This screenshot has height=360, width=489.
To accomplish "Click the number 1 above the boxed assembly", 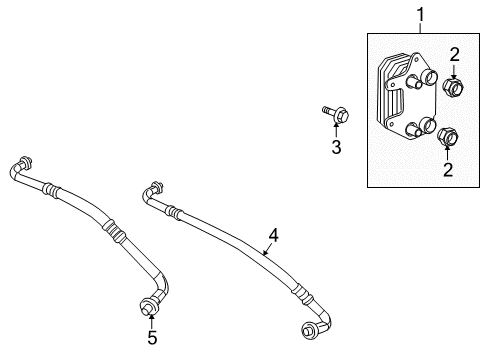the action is pos(421,15).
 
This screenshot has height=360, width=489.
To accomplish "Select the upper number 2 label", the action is pos(453,55).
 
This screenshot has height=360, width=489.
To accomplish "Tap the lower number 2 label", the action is pos(447,170).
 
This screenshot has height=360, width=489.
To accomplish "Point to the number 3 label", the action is pos(336,148).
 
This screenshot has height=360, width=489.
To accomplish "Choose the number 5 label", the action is pos(152,338).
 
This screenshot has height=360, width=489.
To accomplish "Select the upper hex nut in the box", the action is pos(452,89).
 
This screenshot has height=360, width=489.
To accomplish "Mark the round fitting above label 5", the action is pos(150,304).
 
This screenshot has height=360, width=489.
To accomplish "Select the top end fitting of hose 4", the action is pos(153,189).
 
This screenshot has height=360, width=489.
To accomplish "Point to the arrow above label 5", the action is pos(151,320).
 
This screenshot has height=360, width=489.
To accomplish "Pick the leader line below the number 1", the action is pos(421,29).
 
